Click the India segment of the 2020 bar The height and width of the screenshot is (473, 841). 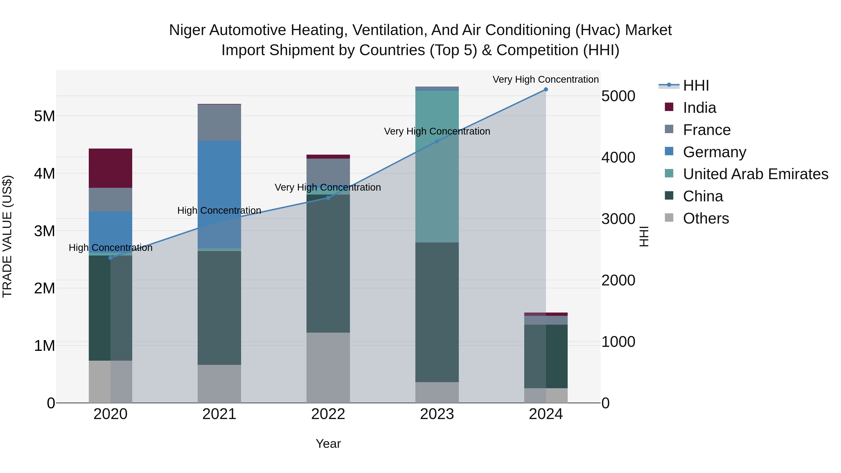pos(110,168)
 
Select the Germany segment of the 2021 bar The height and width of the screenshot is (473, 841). pos(219,194)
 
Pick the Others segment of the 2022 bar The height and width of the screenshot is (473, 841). pos(328,368)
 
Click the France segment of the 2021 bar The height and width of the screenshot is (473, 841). pos(219,122)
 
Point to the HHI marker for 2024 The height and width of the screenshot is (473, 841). pos(545,89)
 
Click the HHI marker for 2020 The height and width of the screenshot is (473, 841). pos(110,258)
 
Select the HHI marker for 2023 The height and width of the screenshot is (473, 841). pos(437,141)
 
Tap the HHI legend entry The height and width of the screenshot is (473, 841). pos(695,85)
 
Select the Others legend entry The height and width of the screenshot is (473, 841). pos(706,218)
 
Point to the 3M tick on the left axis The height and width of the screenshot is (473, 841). pos(44,231)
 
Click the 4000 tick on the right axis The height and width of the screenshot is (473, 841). pos(618,158)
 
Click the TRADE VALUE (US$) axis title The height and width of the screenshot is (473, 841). pos(7,236)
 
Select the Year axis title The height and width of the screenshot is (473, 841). pos(328,444)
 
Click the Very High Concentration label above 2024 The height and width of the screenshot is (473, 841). pos(545,80)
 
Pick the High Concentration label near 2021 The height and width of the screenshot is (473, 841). pos(219,210)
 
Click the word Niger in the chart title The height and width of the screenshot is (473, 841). pos(187,30)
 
